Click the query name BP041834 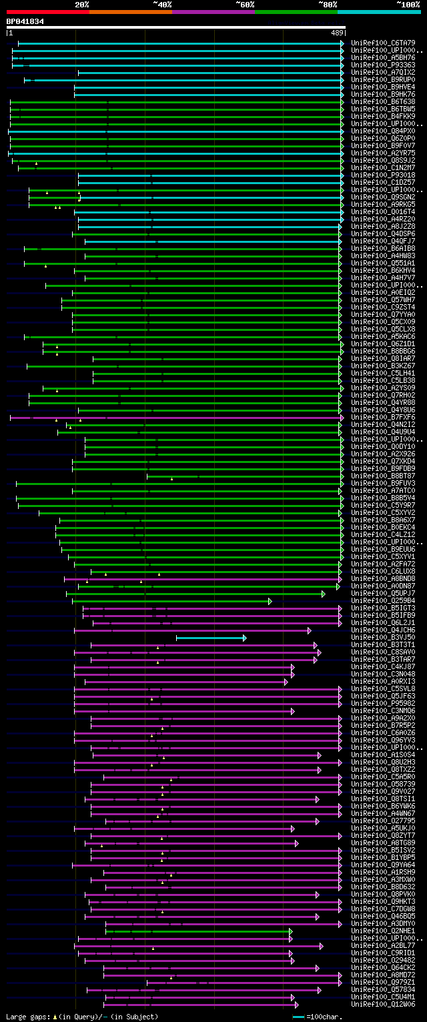tap(25, 21)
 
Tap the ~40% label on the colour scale tap(162, 5)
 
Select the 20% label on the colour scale tap(82, 5)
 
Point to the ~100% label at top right tap(408, 5)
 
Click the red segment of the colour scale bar tap(47, 11)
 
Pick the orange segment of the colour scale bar tap(130, 11)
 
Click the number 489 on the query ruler tap(336, 32)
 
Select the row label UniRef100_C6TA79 tap(383, 43)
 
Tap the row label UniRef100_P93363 tap(383, 65)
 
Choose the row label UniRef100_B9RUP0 tap(383, 79)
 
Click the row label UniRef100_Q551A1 tap(383, 263)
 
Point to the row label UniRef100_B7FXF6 tap(383, 417)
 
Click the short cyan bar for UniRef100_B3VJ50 tap(210, 638)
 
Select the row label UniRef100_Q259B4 tap(383, 600)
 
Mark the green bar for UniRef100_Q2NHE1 tap(197, 931)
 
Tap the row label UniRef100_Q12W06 tap(383, 1004)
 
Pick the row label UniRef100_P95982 tap(383, 703)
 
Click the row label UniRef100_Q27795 tap(383, 821)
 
